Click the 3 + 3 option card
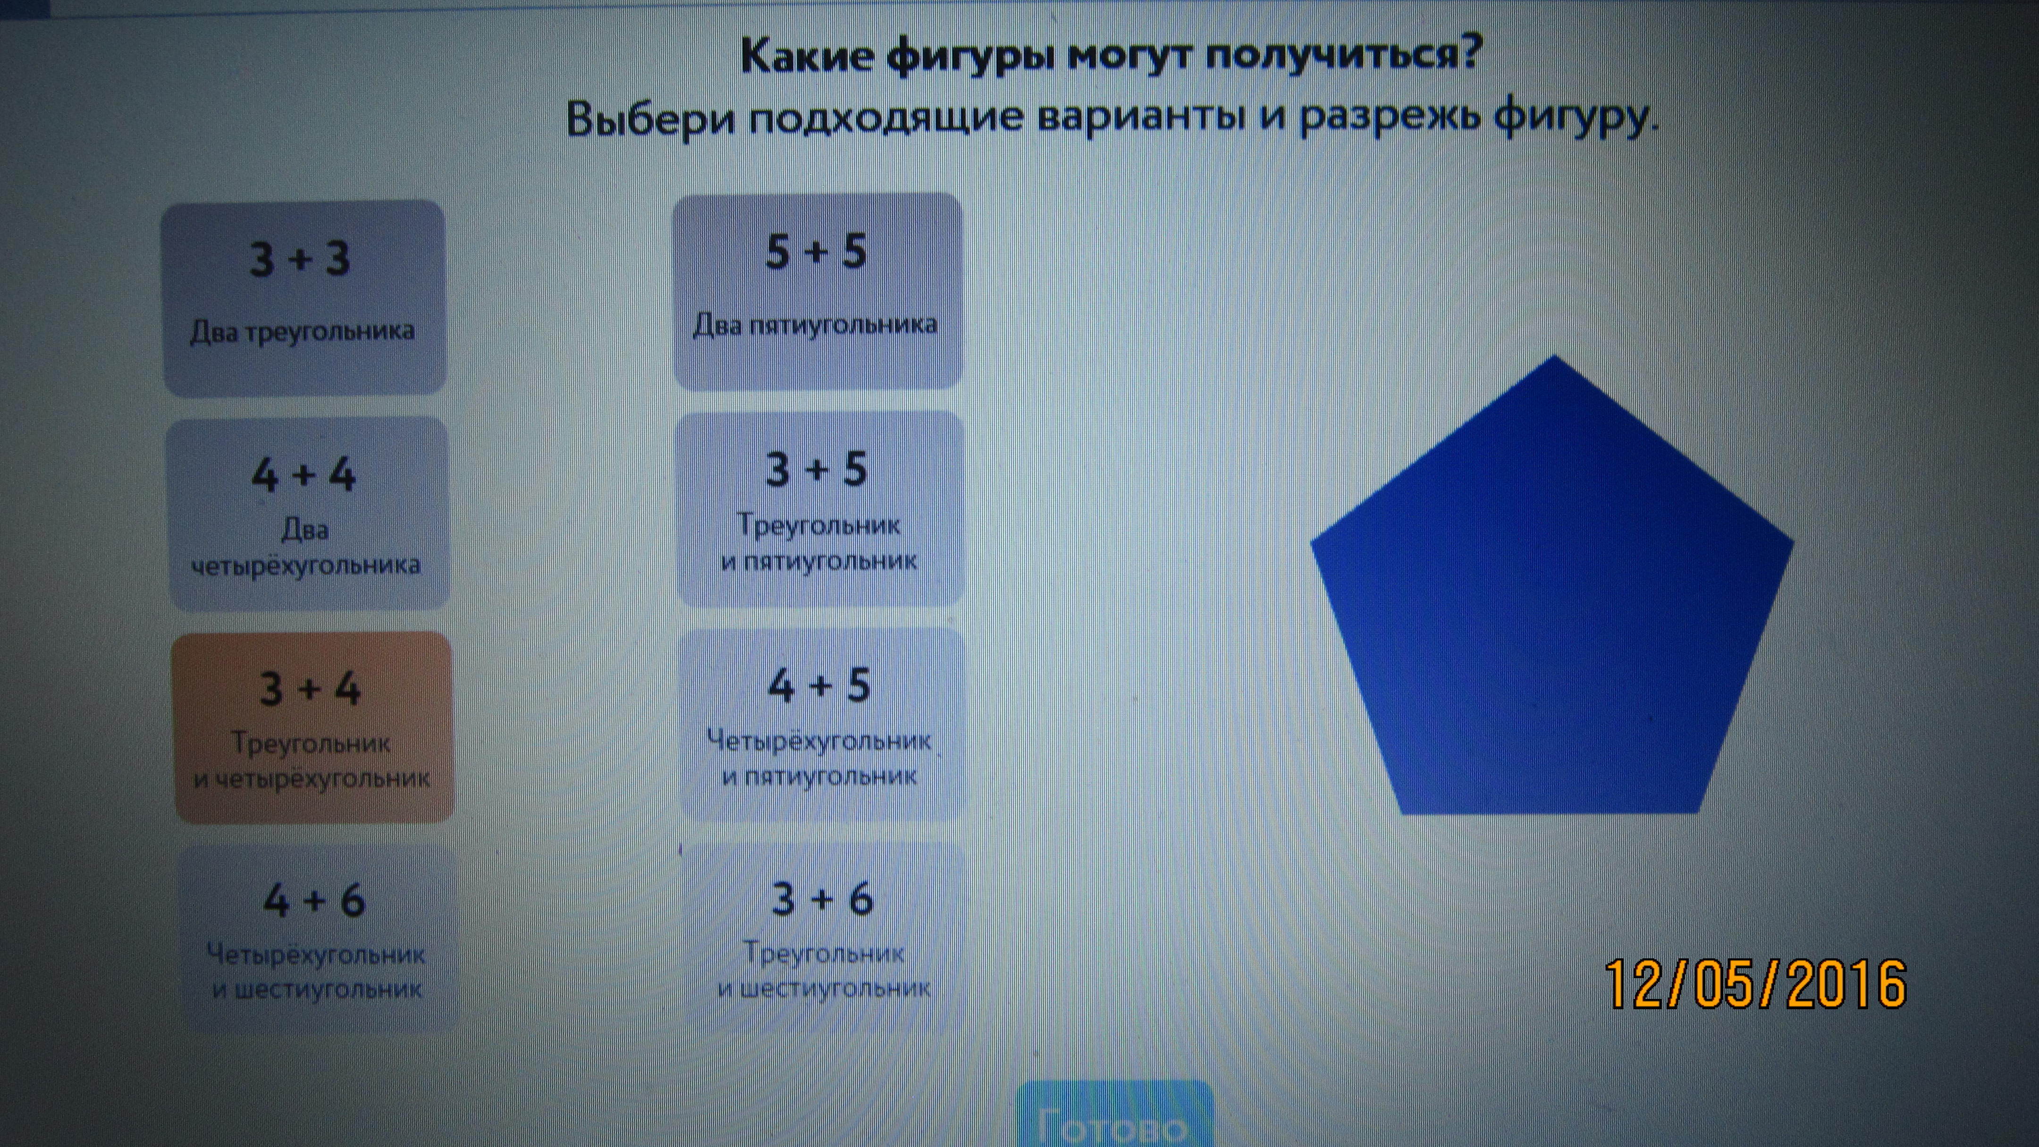pyautogui.click(x=304, y=298)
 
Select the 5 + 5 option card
pyautogui.click(x=817, y=291)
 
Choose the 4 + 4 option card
pyautogui.click(x=307, y=514)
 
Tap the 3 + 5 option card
pyautogui.click(x=820, y=508)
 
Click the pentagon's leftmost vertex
pyautogui.click(x=1311, y=543)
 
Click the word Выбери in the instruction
pyautogui.click(x=651, y=120)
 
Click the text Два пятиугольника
pyautogui.click(x=815, y=324)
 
